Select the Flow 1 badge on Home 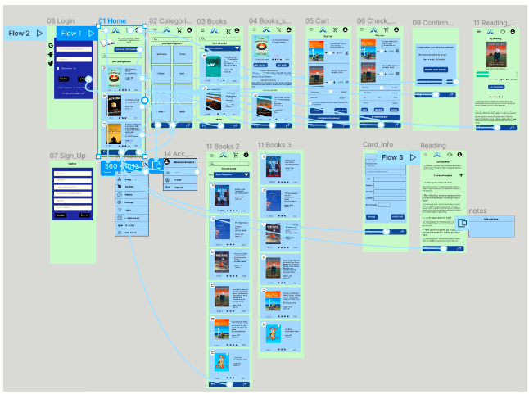[x=75, y=34]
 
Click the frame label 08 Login [x=61, y=20]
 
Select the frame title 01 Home [x=112, y=20]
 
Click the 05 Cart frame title [x=317, y=20]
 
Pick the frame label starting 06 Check [x=373, y=20]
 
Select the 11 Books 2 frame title [x=223, y=146]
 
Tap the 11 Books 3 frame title [x=274, y=145]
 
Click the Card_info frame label [x=379, y=145]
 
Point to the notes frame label [x=477, y=211]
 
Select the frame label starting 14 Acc [x=178, y=154]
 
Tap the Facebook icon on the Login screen [x=52, y=54]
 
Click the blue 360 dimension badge [x=111, y=166]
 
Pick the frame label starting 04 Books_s [x=271, y=20]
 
